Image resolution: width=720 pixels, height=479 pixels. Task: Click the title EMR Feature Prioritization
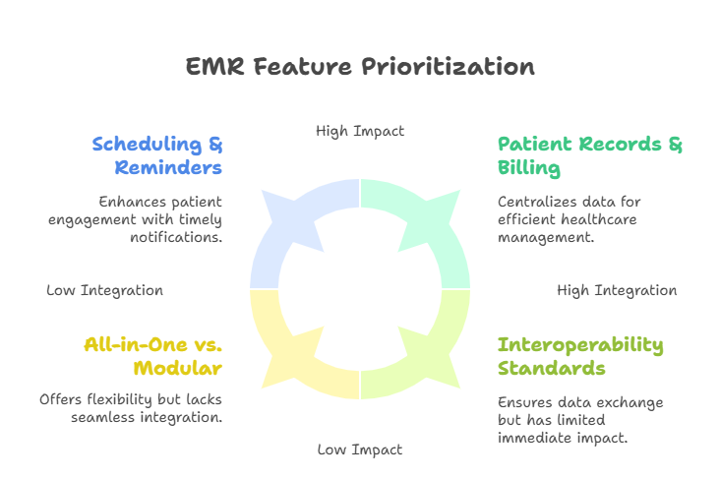360,67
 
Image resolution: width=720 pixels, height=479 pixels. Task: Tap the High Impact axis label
360,131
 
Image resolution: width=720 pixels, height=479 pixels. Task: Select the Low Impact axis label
360,449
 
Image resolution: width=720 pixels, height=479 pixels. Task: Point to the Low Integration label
104,290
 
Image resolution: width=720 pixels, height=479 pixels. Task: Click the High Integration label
617,290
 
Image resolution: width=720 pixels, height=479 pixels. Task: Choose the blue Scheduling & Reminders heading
157,155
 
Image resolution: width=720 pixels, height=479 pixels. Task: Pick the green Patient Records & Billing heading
589,155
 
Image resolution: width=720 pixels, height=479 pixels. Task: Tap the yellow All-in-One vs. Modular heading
152,355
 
